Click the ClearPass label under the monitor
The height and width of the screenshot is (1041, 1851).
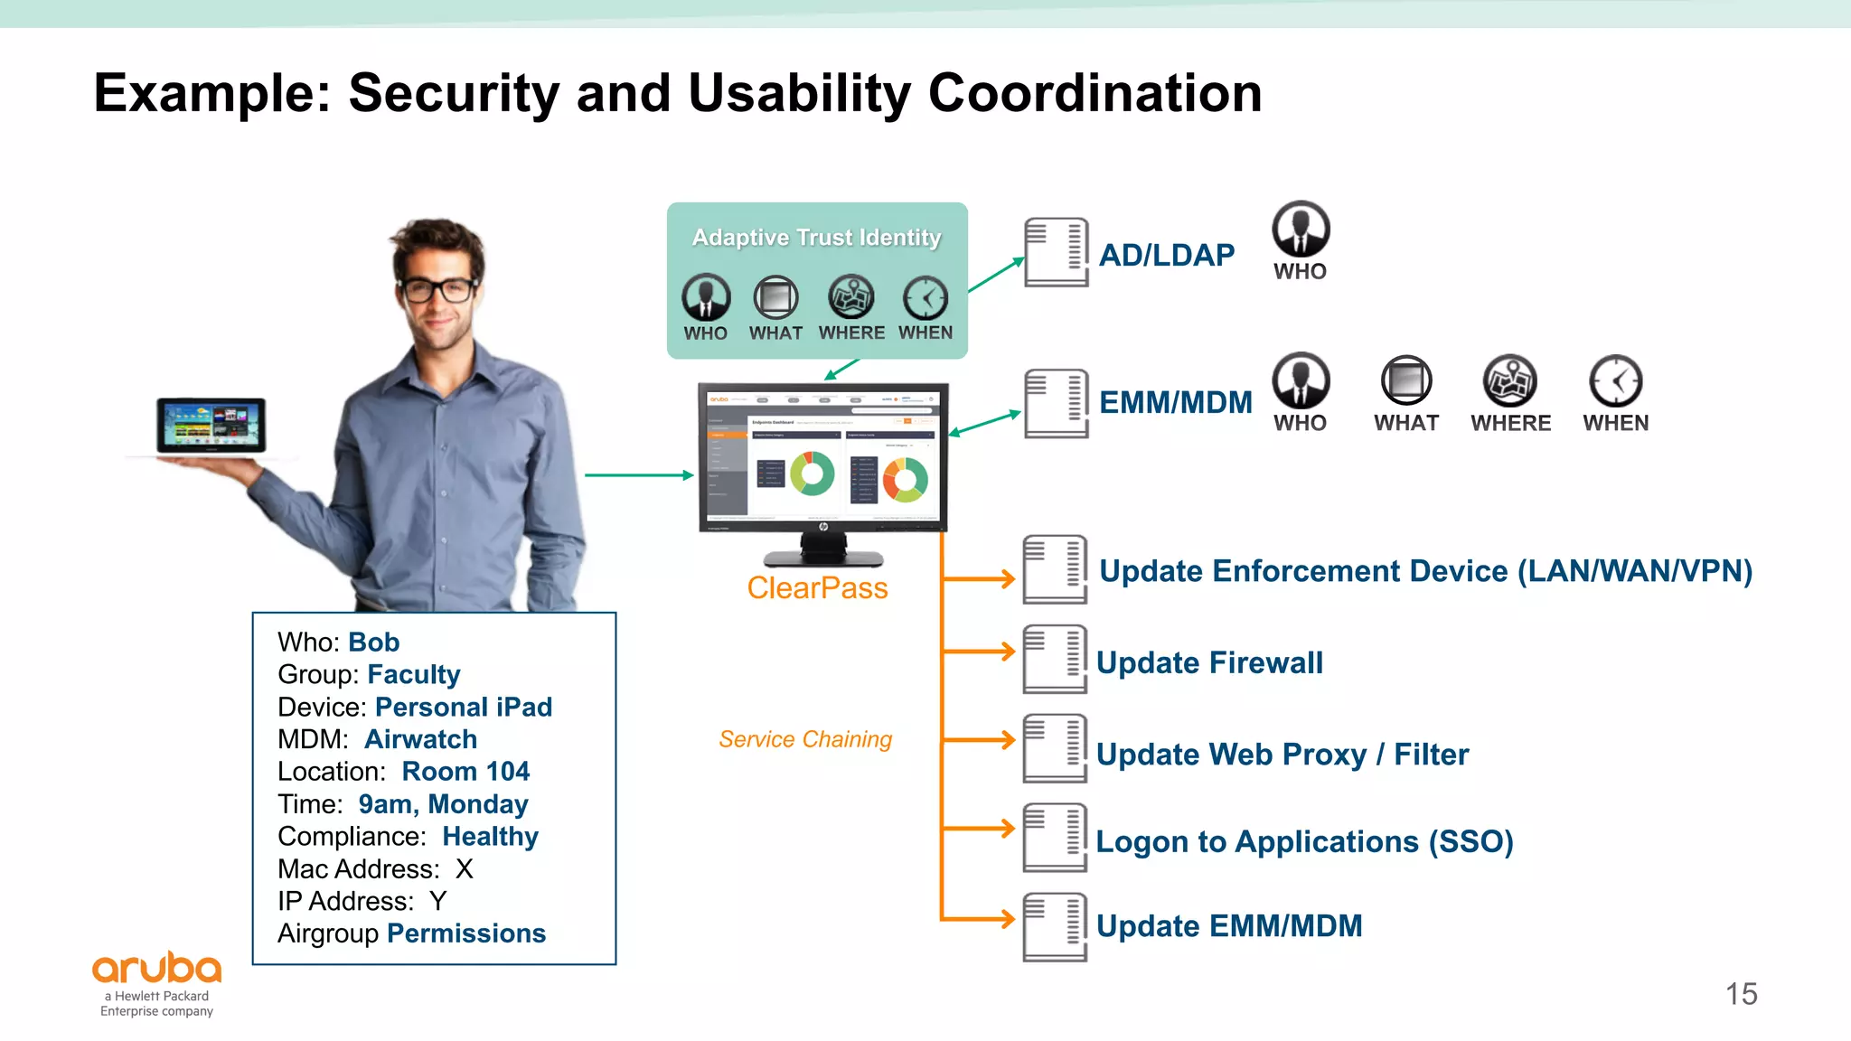pyautogui.click(x=817, y=588)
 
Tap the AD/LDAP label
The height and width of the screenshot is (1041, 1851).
pyautogui.click(x=1166, y=256)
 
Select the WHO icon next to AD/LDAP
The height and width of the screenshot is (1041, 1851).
pyautogui.click(x=1301, y=230)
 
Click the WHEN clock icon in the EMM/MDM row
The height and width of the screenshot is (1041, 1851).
pyautogui.click(x=1615, y=381)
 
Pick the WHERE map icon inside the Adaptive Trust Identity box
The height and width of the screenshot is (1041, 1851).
pyautogui.click(x=850, y=297)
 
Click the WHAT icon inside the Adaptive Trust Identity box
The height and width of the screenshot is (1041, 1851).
pyautogui.click(x=775, y=297)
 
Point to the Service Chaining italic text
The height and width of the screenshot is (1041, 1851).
pyautogui.click(x=804, y=739)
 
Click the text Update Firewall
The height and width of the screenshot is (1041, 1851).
pyautogui.click(x=1209, y=662)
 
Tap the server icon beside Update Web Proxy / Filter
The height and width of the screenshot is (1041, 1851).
pyautogui.click(x=1055, y=748)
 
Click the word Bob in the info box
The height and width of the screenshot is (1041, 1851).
pyautogui.click(x=373, y=642)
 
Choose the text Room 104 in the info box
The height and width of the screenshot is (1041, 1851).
pyautogui.click(x=465, y=772)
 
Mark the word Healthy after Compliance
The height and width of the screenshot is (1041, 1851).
pyautogui.click(x=490, y=837)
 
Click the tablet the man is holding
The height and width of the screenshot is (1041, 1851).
pyautogui.click(x=211, y=425)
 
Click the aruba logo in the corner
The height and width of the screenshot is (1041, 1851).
pyautogui.click(x=157, y=969)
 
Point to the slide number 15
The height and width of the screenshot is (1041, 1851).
pyautogui.click(x=1741, y=994)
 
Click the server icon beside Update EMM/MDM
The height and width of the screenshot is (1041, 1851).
pyautogui.click(x=1055, y=926)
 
